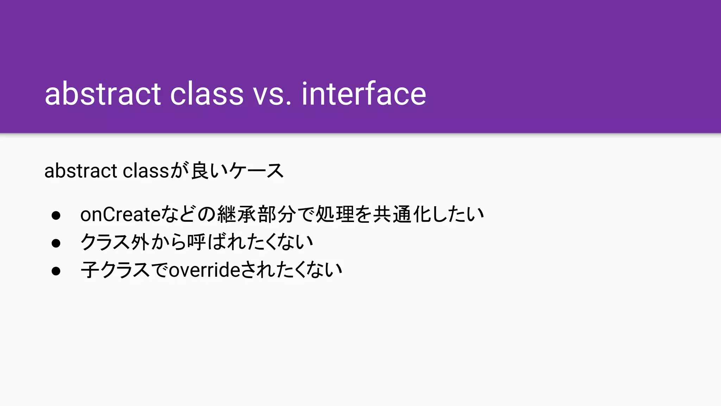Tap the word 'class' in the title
click(207, 94)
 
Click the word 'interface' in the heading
click(364, 94)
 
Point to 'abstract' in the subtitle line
click(81, 171)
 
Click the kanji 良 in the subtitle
click(200, 171)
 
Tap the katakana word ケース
click(256, 171)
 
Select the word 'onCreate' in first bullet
click(120, 214)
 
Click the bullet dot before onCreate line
click(56, 215)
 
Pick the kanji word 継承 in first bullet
click(237, 214)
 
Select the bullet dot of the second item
click(56, 243)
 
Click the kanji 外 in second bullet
click(140, 242)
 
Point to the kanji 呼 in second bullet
click(196, 242)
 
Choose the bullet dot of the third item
click(56, 271)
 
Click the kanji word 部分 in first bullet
click(277, 214)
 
